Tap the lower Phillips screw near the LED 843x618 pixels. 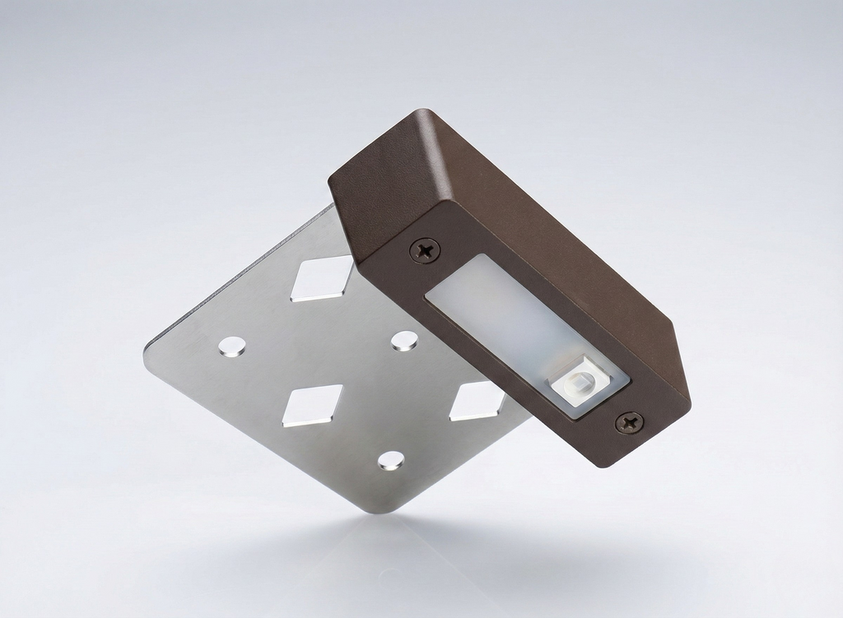tap(630, 423)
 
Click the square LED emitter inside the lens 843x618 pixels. tap(578, 383)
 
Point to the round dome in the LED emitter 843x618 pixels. tap(580, 383)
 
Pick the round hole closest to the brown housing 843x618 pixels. tap(403, 341)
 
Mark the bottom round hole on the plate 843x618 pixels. tap(390, 461)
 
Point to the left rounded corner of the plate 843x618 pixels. tap(149, 352)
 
